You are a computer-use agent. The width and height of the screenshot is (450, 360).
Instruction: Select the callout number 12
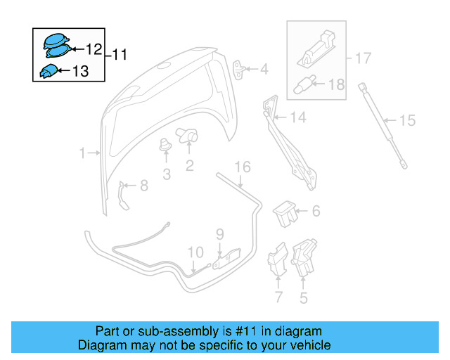(94, 49)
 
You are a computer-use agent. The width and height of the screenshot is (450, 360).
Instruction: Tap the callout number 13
(80, 70)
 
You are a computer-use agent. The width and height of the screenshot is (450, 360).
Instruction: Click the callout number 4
(264, 69)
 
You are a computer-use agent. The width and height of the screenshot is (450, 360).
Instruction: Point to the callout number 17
(362, 58)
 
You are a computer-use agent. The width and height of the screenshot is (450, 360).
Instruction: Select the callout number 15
(408, 120)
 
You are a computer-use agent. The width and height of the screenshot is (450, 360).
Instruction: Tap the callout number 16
(242, 167)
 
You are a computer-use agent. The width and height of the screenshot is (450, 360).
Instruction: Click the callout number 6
(316, 210)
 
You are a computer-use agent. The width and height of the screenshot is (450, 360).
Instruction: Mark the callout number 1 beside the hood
(82, 153)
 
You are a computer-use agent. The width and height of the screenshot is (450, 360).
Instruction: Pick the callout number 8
(143, 186)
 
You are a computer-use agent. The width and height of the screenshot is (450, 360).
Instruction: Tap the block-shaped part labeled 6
(285, 213)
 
